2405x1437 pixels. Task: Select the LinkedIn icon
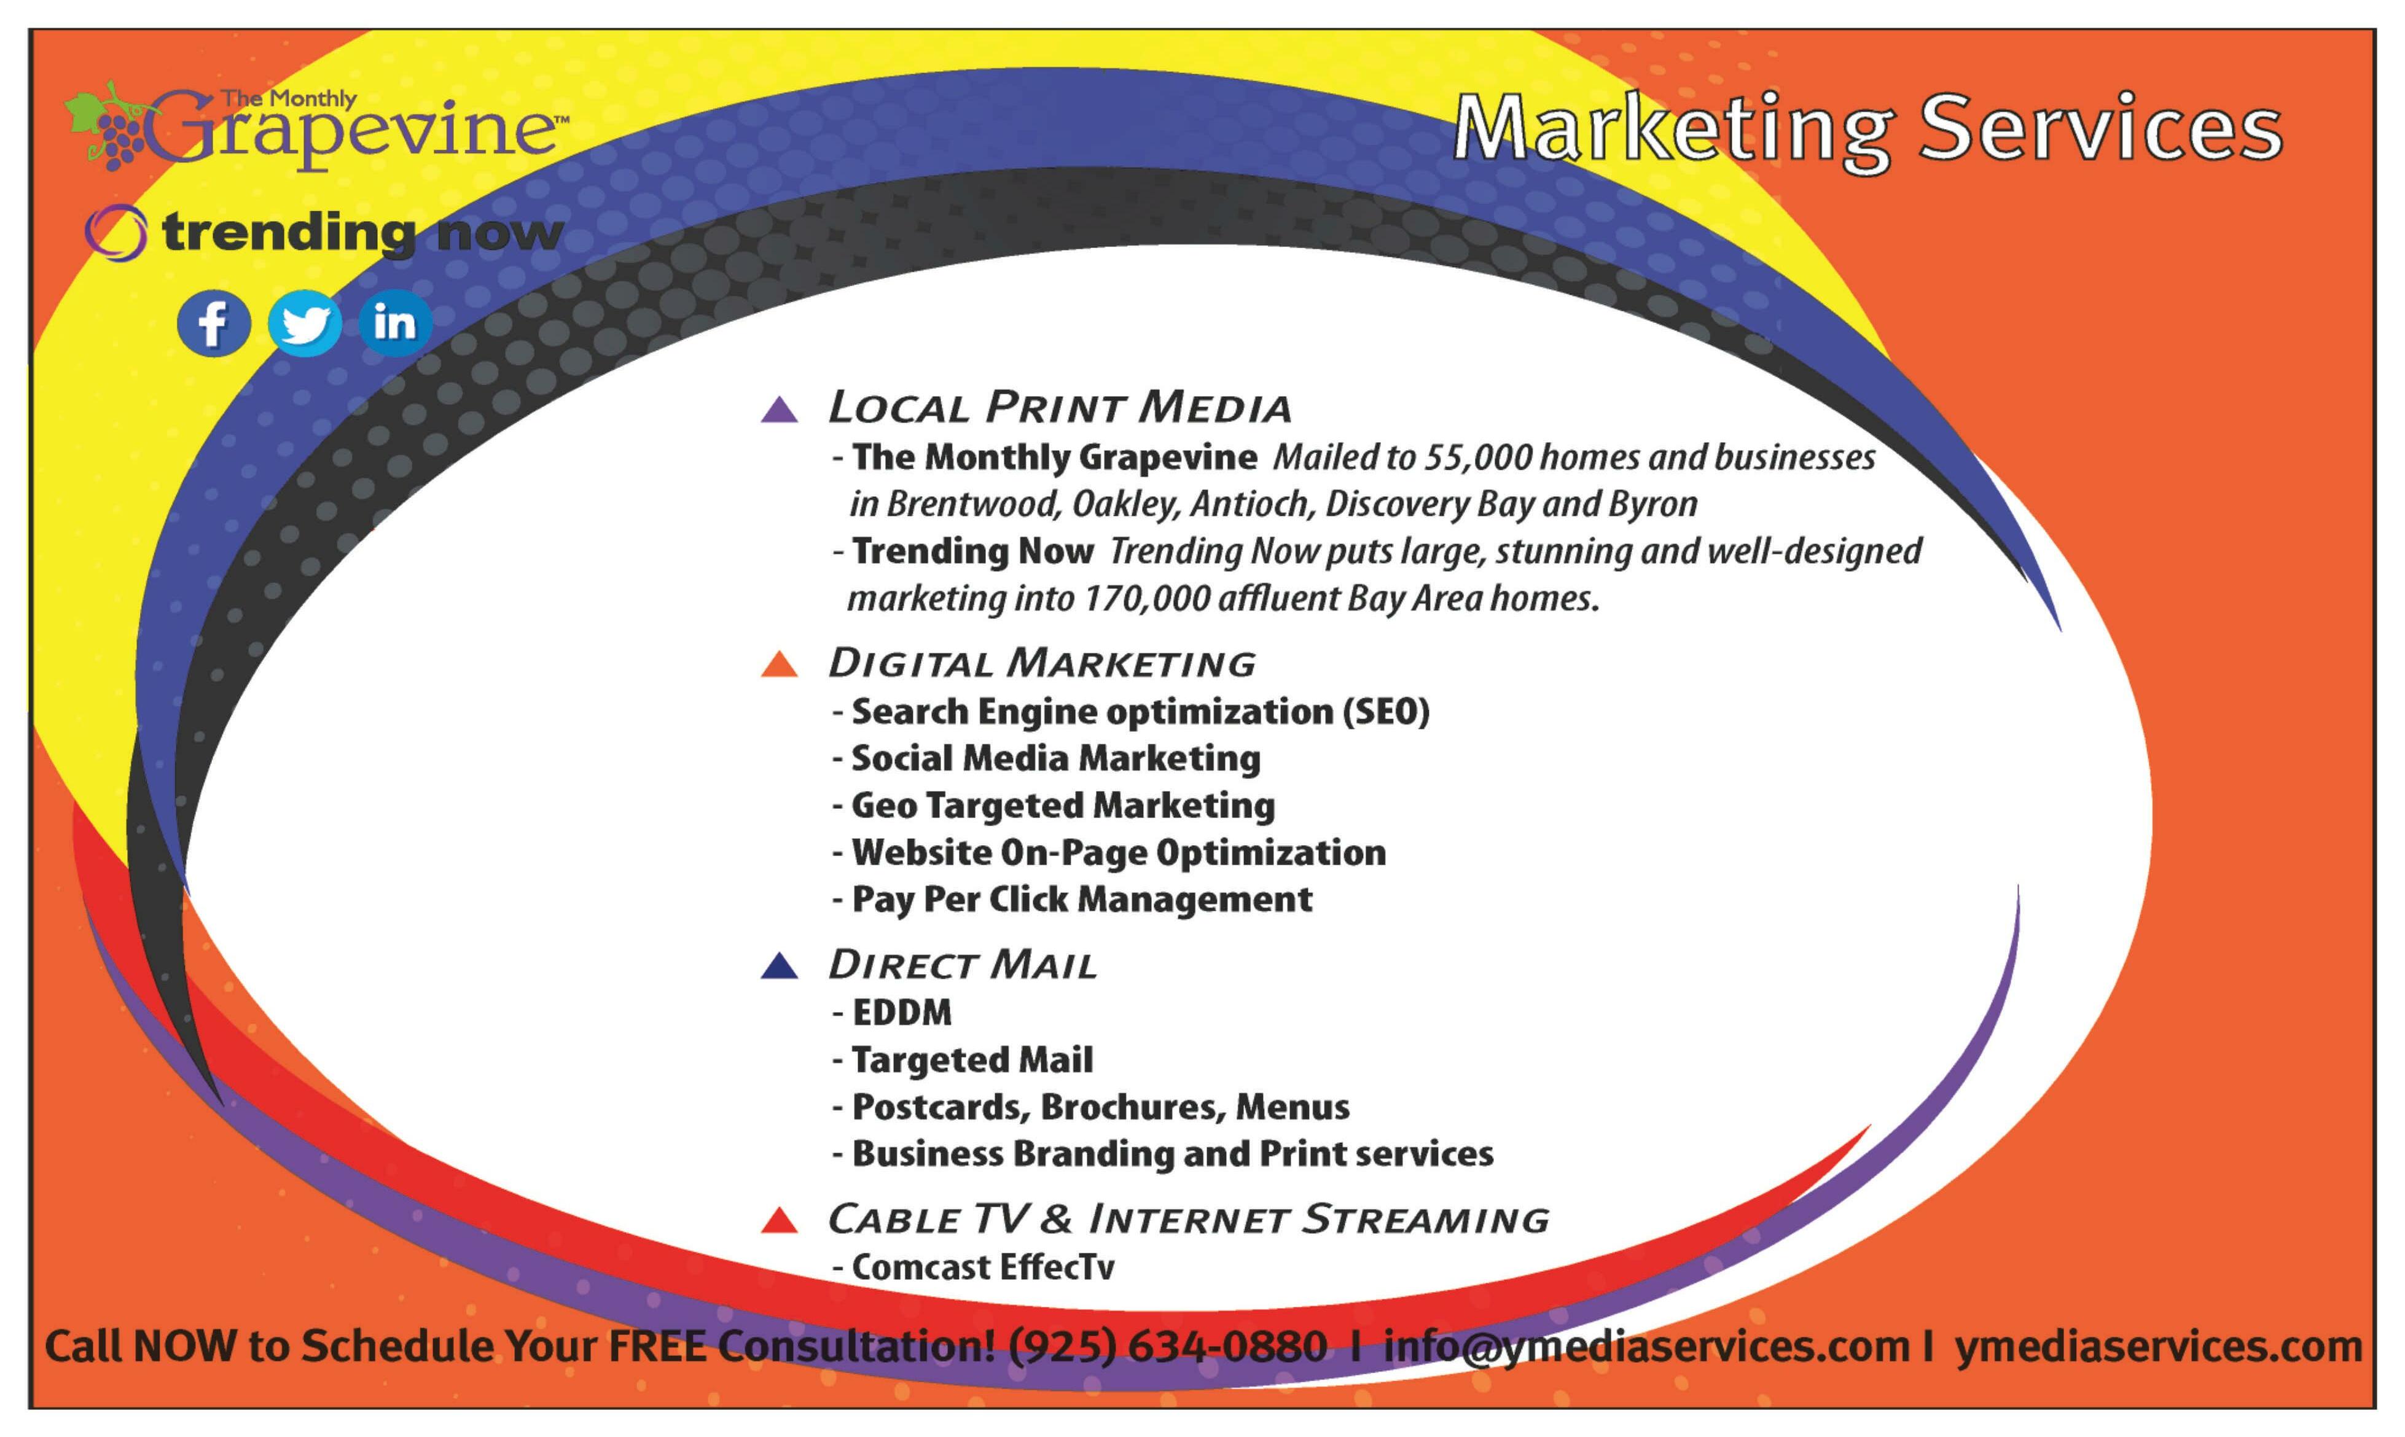394,322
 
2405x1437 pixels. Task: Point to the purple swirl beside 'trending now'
115,232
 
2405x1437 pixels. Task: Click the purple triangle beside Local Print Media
779,410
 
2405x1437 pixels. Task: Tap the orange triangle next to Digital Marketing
779,665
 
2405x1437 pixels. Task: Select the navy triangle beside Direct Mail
779,967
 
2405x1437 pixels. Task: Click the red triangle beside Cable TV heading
779,1221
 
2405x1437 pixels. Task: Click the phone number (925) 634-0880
1167,1347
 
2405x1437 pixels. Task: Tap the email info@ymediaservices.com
1646,1347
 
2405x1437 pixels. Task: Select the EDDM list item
901,1013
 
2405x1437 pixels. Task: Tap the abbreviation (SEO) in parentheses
1385,712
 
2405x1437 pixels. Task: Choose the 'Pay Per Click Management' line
1081,900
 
